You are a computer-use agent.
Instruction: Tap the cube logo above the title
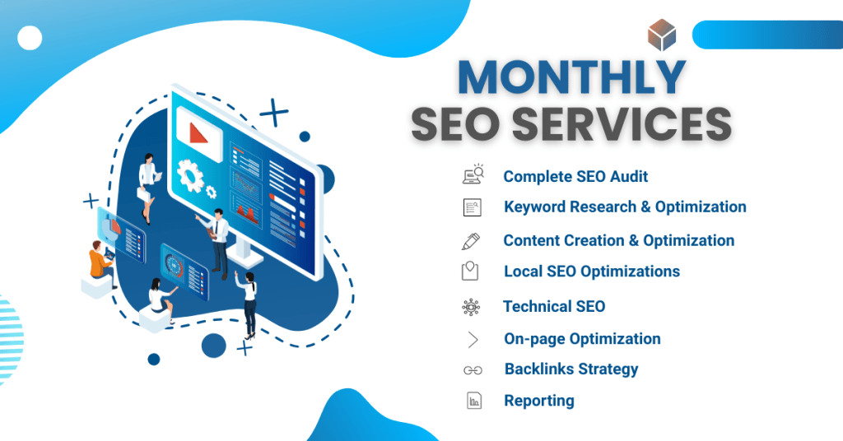(661, 35)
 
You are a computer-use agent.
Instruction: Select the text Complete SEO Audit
(575, 176)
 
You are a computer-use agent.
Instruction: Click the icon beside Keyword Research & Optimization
(472, 207)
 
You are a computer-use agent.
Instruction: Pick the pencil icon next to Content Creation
(471, 241)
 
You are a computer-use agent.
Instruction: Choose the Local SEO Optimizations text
(591, 271)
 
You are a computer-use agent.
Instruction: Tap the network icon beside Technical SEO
(471, 307)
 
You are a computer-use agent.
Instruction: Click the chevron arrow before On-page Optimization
(473, 339)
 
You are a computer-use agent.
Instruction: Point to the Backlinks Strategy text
(571, 369)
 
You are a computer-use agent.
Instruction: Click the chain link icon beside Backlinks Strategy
(473, 370)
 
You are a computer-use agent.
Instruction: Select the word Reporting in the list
(538, 401)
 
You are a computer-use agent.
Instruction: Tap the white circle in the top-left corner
(30, 38)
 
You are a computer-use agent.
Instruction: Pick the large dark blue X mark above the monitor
(273, 113)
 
